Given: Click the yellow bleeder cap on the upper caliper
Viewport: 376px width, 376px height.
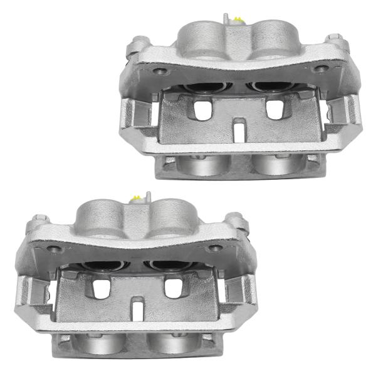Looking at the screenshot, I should point(236,21).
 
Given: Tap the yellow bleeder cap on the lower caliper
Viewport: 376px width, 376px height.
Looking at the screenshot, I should point(134,199).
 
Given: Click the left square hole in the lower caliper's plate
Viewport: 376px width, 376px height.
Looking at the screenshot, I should point(100,286).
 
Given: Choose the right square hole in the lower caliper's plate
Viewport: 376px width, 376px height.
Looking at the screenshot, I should point(171,286).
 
